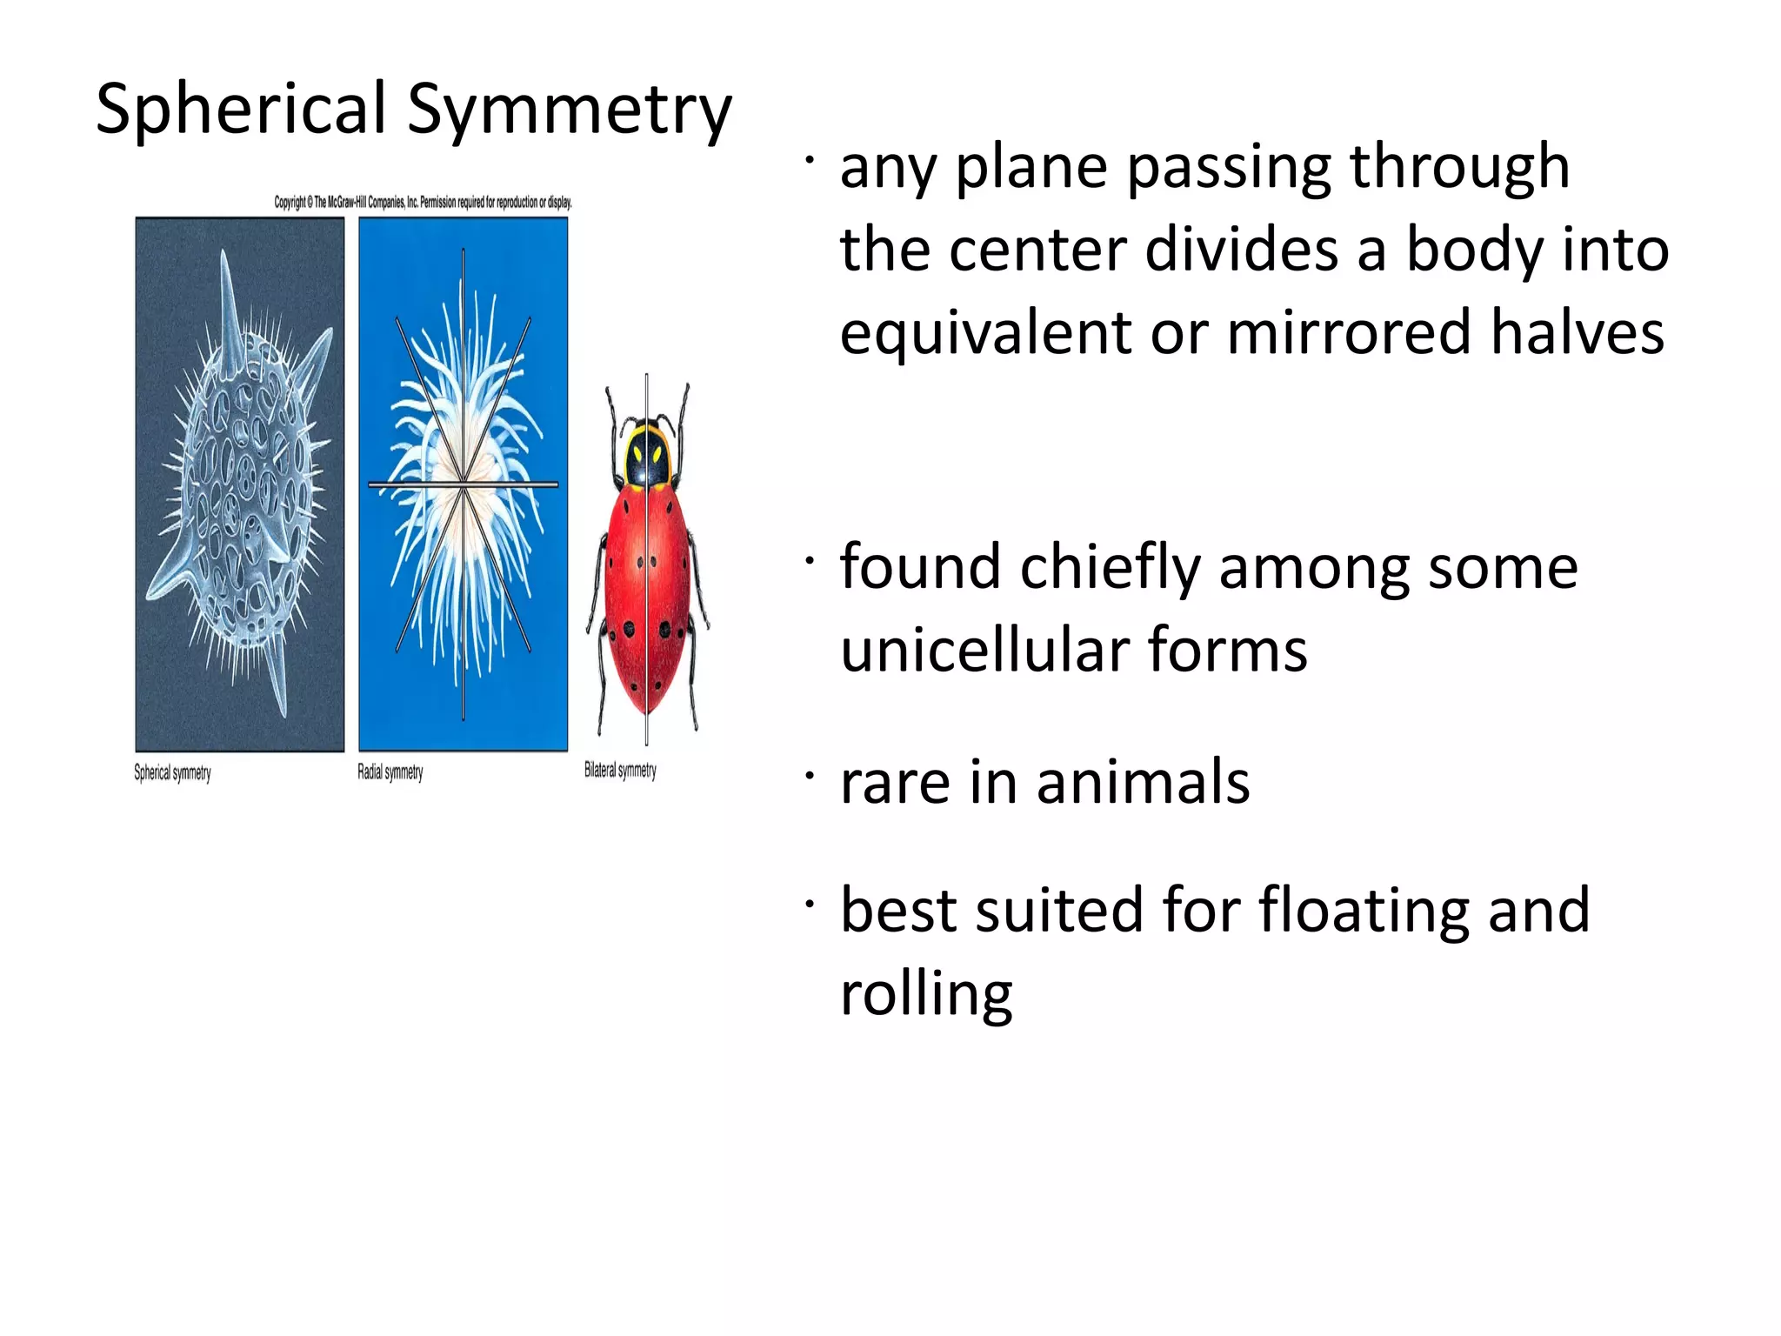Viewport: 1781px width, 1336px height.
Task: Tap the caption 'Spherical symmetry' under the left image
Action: point(172,772)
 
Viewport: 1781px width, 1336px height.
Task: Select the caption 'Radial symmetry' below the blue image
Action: point(390,772)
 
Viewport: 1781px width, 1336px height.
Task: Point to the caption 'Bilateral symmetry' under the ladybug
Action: point(620,770)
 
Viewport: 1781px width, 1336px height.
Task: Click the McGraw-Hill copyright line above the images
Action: point(423,202)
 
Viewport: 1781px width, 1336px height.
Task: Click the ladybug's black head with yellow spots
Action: point(648,453)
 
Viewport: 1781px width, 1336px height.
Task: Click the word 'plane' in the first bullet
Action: point(1034,167)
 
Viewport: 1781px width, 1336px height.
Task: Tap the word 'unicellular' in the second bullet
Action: point(984,650)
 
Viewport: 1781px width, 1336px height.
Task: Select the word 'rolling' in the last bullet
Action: point(926,993)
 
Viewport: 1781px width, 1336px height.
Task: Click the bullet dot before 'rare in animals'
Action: point(810,774)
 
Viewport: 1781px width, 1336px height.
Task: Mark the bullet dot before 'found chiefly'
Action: point(810,561)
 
